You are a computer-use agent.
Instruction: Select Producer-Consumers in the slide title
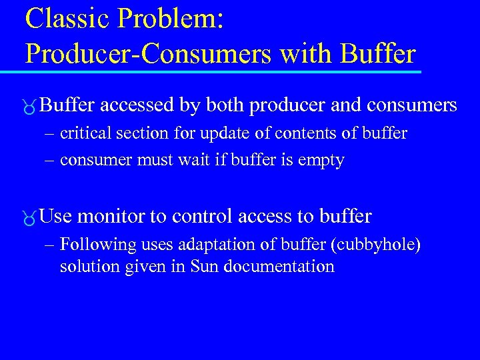pyautogui.click(x=149, y=53)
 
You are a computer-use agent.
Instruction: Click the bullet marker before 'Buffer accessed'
pyautogui.click(x=31, y=107)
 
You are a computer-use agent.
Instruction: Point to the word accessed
pyautogui.click(x=141, y=105)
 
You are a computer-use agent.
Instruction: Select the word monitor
pyautogui.click(x=113, y=216)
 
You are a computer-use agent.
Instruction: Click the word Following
pyautogui.click(x=91, y=245)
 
